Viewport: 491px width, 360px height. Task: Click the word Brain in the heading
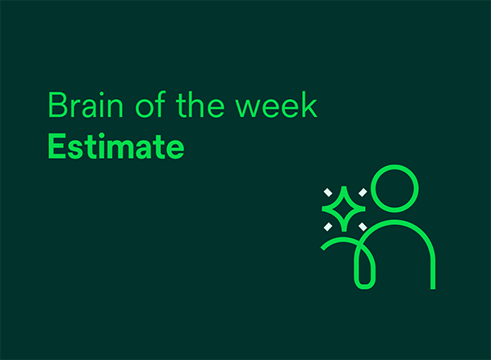pyautogui.click(x=85, y=105)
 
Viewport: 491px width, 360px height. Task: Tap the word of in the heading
pyautogui.click(x=151, y=104)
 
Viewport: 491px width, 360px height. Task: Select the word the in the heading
pyautogui.click(x=200, y=105)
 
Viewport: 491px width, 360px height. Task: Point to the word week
pyautogui.click(x=277, y=105)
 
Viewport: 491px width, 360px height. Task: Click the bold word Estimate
pyautogui.click(x=116, y=146)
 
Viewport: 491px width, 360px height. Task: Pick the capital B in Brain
pyautogui.click(x=58, y=105)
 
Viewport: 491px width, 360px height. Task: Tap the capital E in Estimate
pyautogui.click(x=57, y=146)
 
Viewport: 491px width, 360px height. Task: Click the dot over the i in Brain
pyautogui.click(x=101, y=93)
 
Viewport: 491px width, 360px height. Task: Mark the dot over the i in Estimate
pyautogui.click(x=101, y=136)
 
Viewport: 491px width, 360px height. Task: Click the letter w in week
pyautogui.click(x=248, y=108)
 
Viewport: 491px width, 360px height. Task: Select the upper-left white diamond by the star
pyautogui.click(x=328, y=192)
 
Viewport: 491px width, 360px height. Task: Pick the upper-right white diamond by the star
pyautogui.click(x=363, y=192)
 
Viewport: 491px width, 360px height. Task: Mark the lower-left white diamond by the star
pyautogui.click(x=328, y=227)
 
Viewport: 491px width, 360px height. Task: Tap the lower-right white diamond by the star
pyautogui.click(x=363, y=227)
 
